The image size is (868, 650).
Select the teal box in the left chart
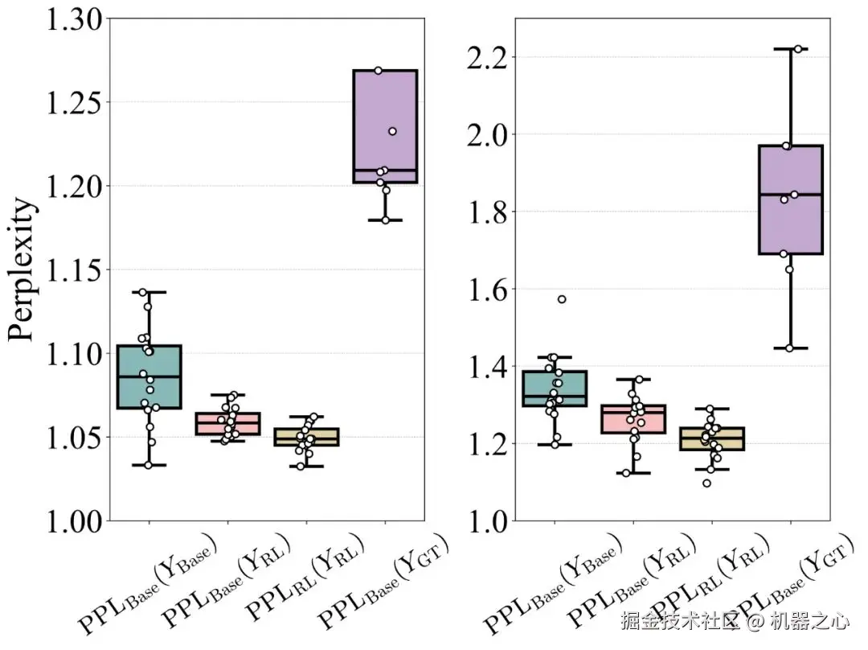(x=149, y=376)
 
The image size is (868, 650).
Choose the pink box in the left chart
(x=227, y=423)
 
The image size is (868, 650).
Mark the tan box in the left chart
(x=306, y=437)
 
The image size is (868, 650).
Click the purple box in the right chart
(x=791, y=200)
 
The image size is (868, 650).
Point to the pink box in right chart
(x=633, y=418)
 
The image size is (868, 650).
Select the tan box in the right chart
(x=712, y=438)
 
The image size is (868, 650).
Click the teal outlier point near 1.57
(x=562, y=299)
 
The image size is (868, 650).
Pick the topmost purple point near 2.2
(x=798, y=49)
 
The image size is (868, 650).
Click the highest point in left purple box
(x=379, y=71)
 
